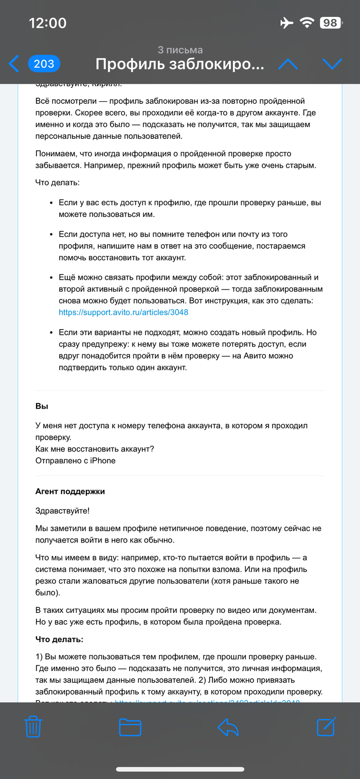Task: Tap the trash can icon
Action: [33, 727]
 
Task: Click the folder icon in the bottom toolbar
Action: [130, 727]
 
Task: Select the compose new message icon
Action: [327, 726]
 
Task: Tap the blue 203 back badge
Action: [44, 64]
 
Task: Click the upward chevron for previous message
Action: [288, 64]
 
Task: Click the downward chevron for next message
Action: [332, 64]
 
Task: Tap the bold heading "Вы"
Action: [42, 406]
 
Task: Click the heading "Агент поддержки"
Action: [70, 491]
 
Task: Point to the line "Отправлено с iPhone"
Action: [76, 460]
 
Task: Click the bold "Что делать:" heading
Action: [60, 639]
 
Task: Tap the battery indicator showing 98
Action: [330, 23]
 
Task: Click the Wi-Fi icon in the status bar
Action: [308, 23]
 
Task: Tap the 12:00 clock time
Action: [48, 23]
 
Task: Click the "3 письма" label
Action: [180, 50]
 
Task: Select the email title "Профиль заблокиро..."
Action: [180, 64]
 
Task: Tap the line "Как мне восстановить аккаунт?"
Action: [95, 449]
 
